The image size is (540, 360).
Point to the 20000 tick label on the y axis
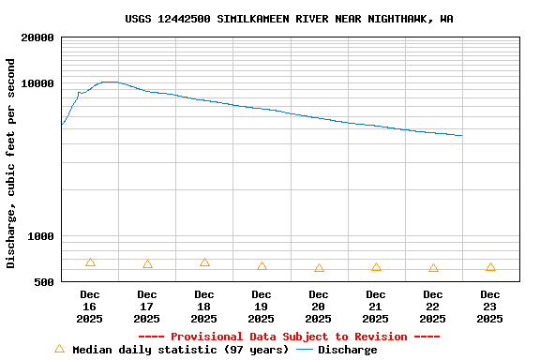coord(37,37)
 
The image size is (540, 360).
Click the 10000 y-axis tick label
coord(37,83)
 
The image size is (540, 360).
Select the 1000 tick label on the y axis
coord(41,236)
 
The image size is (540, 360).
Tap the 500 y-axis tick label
coord(45,282)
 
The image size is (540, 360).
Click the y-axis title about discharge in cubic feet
coord(11,163)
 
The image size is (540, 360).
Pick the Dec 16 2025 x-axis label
coord(90,307)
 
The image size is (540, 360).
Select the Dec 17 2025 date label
coord(147,307)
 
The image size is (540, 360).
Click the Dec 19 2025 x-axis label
coord(262,307)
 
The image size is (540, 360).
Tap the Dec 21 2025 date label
coord(376,307)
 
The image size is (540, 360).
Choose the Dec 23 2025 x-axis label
coord(490,307)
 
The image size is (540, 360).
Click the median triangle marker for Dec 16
coord(90,262)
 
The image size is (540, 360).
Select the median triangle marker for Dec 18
coord(204,262)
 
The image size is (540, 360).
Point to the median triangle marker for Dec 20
coord(319,268)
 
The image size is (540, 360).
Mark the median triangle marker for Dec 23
coord(490,267)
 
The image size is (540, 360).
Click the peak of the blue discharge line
coord(110,82)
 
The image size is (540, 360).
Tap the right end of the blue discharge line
coord(462,136)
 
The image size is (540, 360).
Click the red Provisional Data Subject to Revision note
coord(289,337)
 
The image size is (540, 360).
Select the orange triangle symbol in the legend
coord(59,349)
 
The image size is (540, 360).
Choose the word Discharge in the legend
coord(347,350)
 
